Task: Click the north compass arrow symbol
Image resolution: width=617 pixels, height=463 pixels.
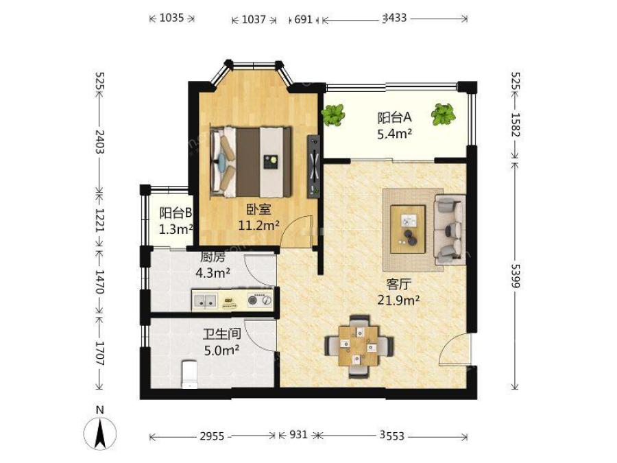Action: [100, 433]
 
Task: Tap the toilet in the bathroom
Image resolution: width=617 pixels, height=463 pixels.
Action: [190, 374]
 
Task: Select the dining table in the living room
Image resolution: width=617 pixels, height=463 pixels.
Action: [359, 346]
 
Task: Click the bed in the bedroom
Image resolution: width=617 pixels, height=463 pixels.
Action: [251, 162]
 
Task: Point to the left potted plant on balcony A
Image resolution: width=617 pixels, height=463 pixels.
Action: [333, 115]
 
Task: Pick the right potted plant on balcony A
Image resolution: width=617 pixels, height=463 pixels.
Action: [443, 114]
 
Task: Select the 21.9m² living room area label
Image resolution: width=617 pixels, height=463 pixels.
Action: [398, 300]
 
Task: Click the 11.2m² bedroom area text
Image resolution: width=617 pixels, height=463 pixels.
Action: [259, 225]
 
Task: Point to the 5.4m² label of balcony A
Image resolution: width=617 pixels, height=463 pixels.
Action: [395, 134]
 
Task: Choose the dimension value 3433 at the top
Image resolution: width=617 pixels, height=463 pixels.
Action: [395, 18]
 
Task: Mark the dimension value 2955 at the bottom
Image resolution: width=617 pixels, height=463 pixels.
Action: [212, 436]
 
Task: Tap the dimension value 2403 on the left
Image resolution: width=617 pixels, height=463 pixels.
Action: [100, 142]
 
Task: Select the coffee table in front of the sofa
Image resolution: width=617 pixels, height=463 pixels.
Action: [408, 229]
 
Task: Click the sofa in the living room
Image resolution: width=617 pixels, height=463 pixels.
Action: [449, 229]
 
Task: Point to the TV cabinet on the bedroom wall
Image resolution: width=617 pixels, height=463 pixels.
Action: [313, 166]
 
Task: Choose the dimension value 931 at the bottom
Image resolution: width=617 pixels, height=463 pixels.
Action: [299, 434]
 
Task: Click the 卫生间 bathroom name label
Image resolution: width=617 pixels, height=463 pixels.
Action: [222, 334]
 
